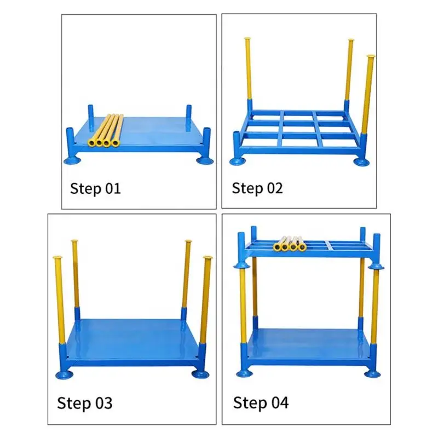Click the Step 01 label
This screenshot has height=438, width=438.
click(x=95, y=189)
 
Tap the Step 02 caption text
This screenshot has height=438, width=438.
click(x=257, y=188)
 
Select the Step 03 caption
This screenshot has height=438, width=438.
click(x=85, y=404)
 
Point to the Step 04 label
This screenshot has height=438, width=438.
click(x=261, y=403)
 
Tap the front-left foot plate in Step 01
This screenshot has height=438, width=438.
click(x=73, y=161)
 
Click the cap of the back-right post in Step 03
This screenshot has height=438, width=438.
click(x=188, y=241)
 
